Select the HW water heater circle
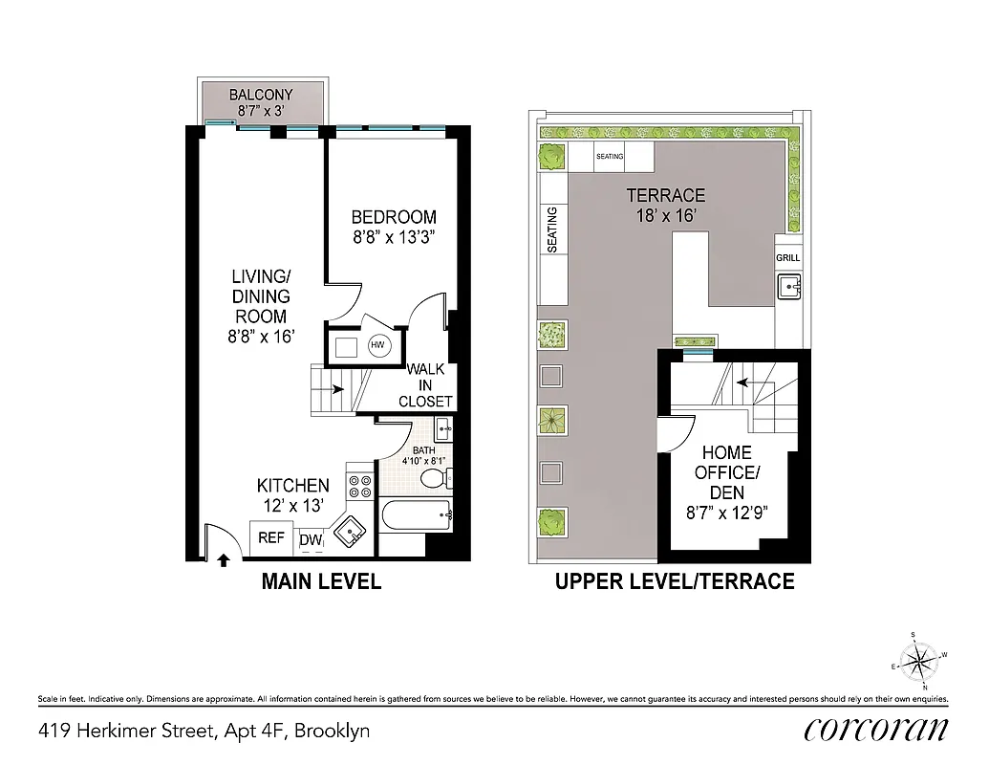click(377, 345)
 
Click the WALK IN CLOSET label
click(425, 385)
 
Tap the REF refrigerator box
click(271, 537)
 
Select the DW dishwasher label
click(311, 540)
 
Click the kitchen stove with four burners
click(359, 488)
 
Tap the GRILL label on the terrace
click(788, 258)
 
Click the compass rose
click(920, 659)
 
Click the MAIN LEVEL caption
click(321, 581)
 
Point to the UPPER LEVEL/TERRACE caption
click(675, 581)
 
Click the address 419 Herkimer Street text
click(204, 732)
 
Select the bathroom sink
click(442, 427)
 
